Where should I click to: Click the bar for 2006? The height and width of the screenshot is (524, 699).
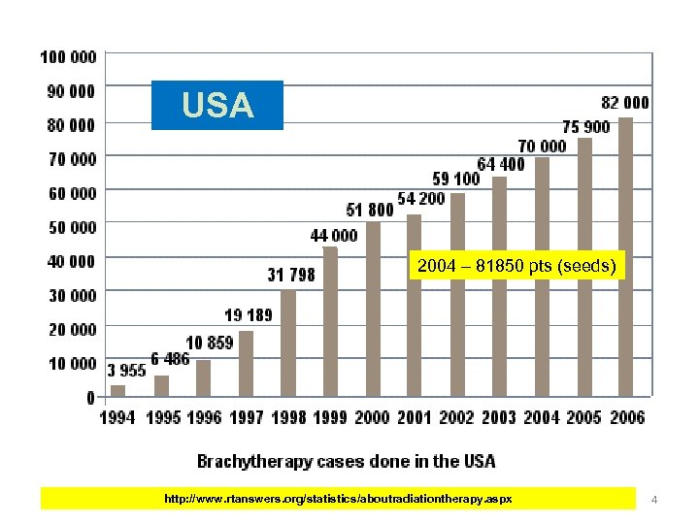coord(626,257)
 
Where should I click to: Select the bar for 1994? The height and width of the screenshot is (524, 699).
coord(117,390)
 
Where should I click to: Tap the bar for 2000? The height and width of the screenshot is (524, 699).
coord(373,310)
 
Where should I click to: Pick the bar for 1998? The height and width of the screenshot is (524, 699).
coord(288,344)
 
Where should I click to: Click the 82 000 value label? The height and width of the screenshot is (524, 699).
coord(625,102)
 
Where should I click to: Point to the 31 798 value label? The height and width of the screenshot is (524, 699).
coord(291,275)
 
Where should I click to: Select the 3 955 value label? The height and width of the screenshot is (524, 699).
coord(125,370)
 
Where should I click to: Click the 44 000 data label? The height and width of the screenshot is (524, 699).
coord(333,235)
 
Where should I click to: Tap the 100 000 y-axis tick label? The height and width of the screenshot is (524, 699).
coord(68,56)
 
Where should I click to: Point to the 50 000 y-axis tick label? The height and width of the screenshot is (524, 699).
coord(72,227)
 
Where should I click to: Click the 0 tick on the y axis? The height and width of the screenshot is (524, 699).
coord(91,397)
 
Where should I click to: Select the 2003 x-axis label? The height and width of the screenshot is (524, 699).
coord(498,417)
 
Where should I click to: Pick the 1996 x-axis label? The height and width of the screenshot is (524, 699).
coord(203,417)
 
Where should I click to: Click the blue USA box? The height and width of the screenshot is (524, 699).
coord(217,105)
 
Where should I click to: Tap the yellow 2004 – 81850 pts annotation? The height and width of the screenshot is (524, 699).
coord(516,266)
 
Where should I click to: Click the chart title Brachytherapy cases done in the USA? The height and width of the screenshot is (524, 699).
coord(346,461)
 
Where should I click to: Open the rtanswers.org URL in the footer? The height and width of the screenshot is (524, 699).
coord(339,499)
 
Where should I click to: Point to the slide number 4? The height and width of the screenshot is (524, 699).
coord(654,500)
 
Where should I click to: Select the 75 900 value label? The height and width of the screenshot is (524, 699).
coord(586,127)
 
